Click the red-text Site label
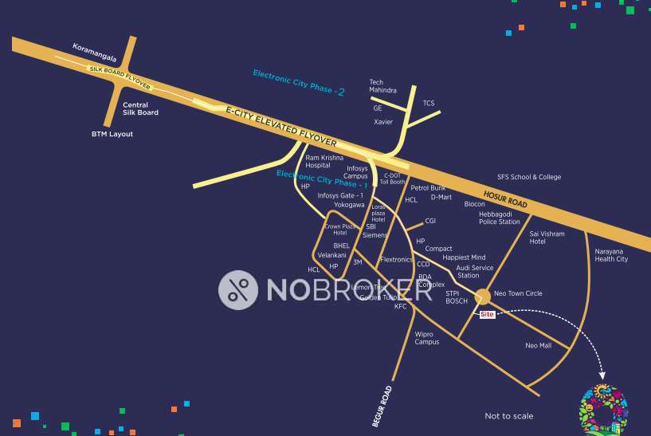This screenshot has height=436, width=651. tap(488, 315)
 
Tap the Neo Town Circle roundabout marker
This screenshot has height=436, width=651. tap(482, 297)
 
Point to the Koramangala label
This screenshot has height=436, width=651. tap(95, 53)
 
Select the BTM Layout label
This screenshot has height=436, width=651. tap(112, 134)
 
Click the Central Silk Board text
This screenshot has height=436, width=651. tap(140, 108)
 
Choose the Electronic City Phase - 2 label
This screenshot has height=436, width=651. tap(299, 82)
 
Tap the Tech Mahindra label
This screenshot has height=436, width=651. tap(382, 86)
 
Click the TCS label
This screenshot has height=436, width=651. tap(429, 103)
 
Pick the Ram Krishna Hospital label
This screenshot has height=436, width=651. tap(324, 161)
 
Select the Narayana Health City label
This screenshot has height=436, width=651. tap(611, 255)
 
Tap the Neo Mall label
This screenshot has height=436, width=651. tap(539, 345)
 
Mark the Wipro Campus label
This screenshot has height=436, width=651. tap(426, 338)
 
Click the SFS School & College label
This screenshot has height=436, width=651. tap(529, 177)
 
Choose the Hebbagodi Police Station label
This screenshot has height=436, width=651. tap(499, 218)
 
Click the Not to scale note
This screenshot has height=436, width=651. tap(509, 416)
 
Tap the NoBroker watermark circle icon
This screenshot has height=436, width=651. tap(238, 289)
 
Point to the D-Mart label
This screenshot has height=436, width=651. tap(441, 197)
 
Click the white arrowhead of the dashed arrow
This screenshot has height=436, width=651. tap(602, 375)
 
